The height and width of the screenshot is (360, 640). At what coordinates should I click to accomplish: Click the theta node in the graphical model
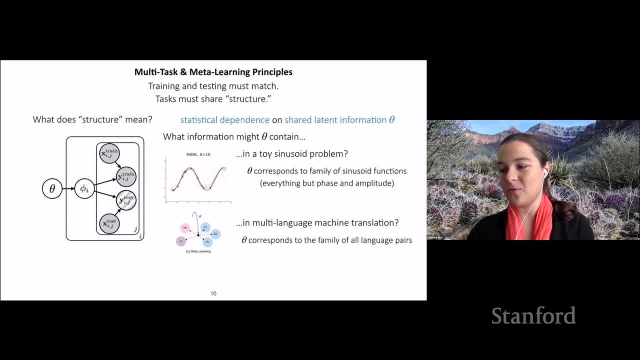[52, 189]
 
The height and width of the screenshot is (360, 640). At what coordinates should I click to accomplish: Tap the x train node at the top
[109, 154]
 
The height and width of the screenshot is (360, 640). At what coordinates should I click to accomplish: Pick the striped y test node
[126, 200]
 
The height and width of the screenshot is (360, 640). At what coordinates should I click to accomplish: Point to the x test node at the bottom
[109, 223]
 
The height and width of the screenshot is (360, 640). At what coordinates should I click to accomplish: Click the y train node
[126, 176]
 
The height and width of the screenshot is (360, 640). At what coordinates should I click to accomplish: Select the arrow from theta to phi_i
[68, 189]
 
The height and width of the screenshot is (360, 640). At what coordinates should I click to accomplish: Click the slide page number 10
[213, 293]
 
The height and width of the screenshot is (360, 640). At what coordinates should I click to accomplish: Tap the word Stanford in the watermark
[533, 316]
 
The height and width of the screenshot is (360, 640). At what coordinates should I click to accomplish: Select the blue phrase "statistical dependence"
[224, 120]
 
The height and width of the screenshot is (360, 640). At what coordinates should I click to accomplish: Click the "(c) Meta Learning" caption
[198, 251]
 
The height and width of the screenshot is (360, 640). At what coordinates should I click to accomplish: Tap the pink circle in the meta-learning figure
[185, 228]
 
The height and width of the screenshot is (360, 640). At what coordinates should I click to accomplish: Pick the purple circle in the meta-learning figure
[180, 241]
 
